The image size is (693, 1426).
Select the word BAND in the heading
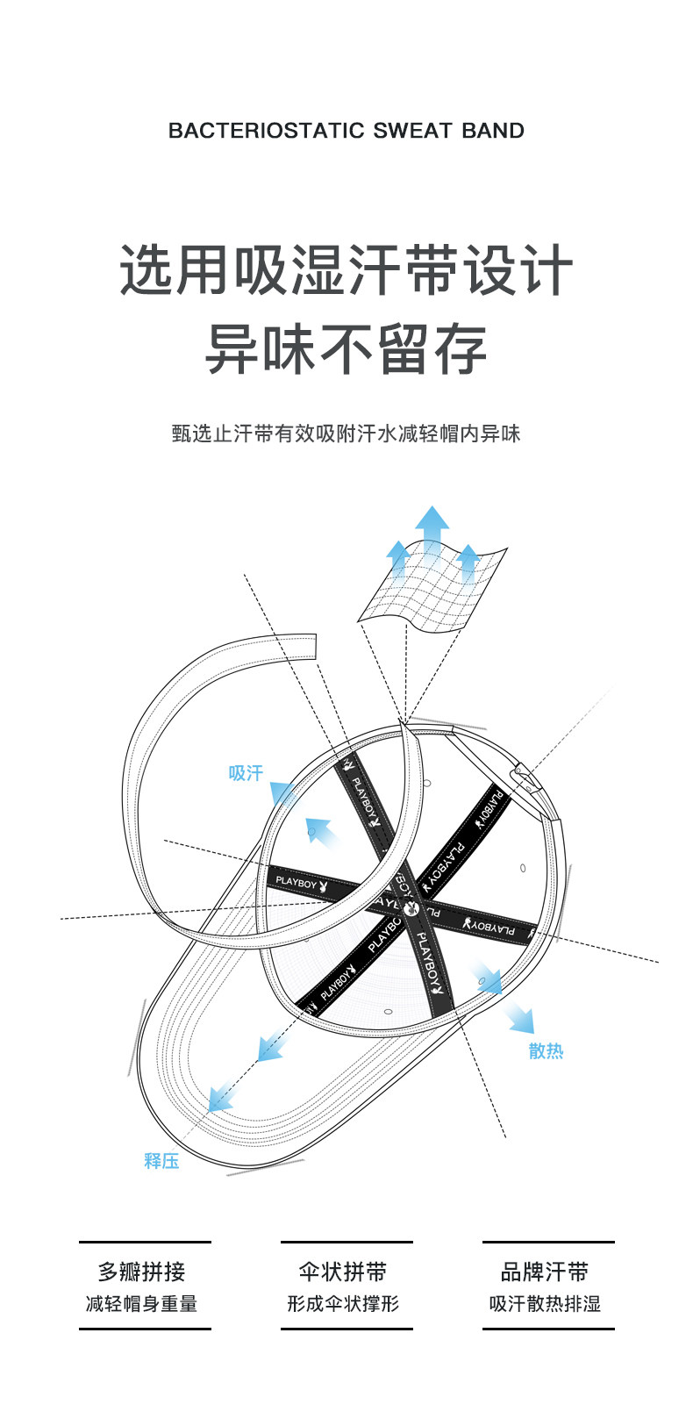point(493,131)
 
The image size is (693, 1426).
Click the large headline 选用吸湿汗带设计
point(346,270)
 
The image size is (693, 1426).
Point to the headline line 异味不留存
point(346,348)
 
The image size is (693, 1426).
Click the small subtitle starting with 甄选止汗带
point(346,434)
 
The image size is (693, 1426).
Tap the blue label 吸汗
point(246,773)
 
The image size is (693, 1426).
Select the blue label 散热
point(546,1050)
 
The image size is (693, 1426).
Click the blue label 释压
point(161,1160)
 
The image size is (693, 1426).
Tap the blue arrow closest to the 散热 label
point(519,1018)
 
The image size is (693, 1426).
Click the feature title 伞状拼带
point(343,1272)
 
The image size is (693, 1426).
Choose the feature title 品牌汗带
point(545,1272)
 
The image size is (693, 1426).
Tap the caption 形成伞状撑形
point(343,1304)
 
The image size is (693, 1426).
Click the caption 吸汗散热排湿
point(545,1304)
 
